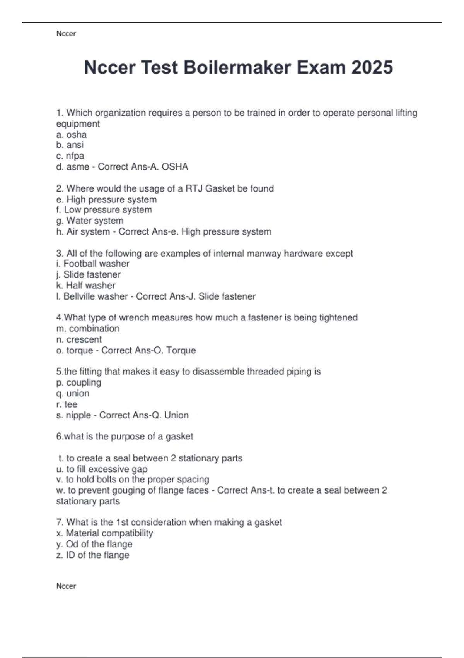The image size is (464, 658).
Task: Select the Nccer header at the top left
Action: pos(66,34)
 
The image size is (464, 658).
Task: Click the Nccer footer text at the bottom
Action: pos(66,586)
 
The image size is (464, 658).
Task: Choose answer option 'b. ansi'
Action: pos(70,145)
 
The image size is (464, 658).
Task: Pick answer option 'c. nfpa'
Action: pos(70,156)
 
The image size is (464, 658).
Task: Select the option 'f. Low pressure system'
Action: pos(104,210)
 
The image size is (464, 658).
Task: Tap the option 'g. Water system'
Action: pos(90,221)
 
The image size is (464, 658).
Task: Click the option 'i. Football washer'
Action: pos(93,264)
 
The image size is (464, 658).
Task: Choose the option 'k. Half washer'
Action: pos(86,285)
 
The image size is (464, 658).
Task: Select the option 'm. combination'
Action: pos(88,329)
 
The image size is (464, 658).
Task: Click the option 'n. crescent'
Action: pos(79,339)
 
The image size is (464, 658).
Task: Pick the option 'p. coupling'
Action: pos(78,382)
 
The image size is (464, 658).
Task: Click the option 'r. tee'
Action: pos(67,404)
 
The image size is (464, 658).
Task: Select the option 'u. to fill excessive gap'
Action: pos(102,469)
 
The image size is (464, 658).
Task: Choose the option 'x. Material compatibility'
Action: pos(104,533)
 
